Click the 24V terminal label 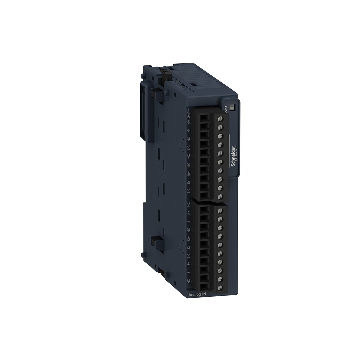coord(188,115)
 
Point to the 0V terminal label coord(188,123)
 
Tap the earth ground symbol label coord(188,130)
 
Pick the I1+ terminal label coord(189,212)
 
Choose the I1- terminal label coord(189,221)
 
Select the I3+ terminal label coord(189,264)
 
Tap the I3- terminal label coord(189,273)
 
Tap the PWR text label coord(226,109)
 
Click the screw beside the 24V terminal coord(220,119)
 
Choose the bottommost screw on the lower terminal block coord(220,287)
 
